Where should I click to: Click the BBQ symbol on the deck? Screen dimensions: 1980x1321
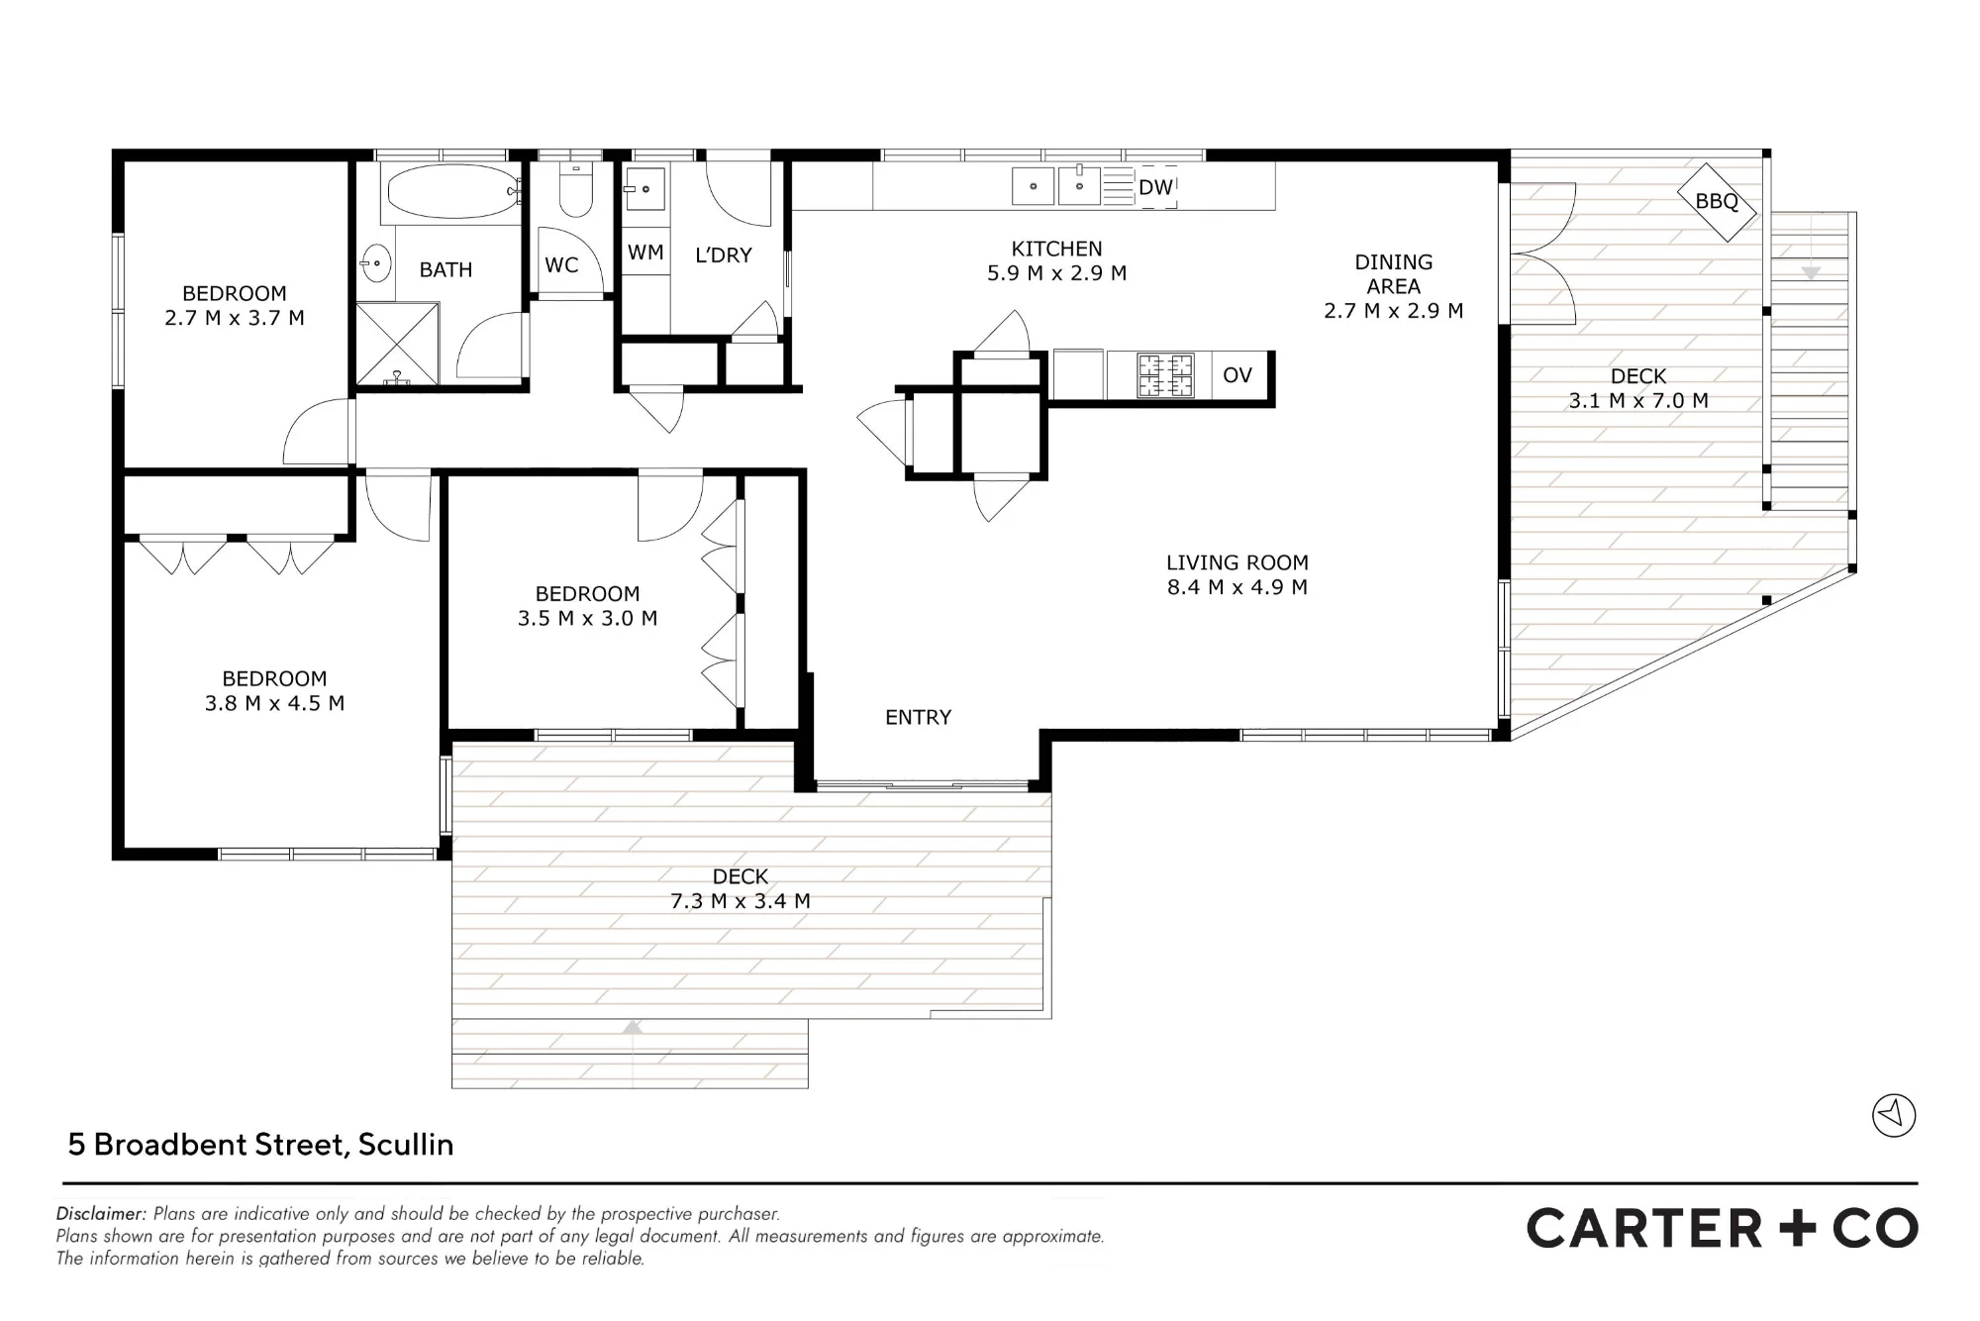(x=1717, y=202)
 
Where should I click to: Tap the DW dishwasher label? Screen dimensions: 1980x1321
(x=1155, y=187)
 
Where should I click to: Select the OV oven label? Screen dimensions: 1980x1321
(x=1237, y=375)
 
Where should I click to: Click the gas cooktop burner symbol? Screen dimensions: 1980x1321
(x=1165, y=375)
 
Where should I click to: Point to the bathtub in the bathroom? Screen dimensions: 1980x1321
(x=452, y=191)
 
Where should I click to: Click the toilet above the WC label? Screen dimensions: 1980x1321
(x=575, y=190)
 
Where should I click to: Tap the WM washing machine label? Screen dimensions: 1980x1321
(x=645, y=253)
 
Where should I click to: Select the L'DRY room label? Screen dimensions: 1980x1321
(x=724, y=255)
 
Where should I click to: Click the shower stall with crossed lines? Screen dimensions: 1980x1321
(x=397, y=344)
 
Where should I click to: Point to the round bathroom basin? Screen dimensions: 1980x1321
(x=376, y=264)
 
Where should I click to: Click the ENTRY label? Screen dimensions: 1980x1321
(x=918, y=717)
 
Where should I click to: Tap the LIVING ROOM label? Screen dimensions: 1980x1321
(x=1237, y=562)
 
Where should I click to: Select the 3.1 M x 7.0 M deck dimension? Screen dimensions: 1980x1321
(x=1638, y=401)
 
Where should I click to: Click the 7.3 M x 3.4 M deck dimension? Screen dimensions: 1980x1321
(x=741, y=901)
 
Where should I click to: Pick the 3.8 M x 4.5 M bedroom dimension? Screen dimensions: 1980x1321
(x=274, y=703)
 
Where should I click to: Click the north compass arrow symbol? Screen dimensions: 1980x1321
(x=1894, y=1115)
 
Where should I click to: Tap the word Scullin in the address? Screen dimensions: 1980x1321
(x=406, y=1145)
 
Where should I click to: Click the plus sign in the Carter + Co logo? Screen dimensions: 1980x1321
(x=1798, y=1229)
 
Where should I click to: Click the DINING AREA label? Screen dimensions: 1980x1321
(x=1393, y=274)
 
